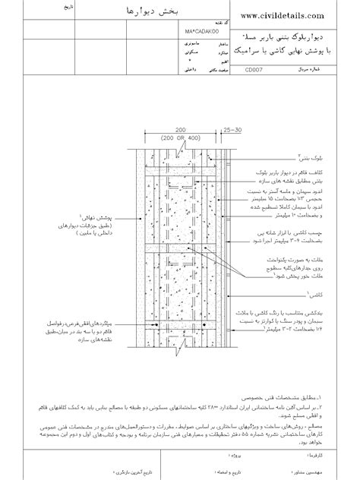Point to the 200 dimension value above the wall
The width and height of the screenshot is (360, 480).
tap(180, 130)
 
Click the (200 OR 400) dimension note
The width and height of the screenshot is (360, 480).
tap(180, 137)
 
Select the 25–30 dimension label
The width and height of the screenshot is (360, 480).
tap(231, 130)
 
